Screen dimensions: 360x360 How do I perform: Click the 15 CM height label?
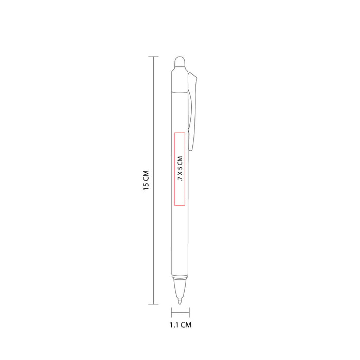click(x=146, y=180)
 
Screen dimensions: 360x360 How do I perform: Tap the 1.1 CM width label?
click(x=181, y=325)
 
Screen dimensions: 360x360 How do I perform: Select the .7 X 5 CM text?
click(x=180, y=169)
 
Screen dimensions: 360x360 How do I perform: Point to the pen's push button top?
click(x=180, y=62)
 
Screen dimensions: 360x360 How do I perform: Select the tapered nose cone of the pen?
click(x=180, y=288)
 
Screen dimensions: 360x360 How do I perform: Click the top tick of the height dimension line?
click(x=153, y=57)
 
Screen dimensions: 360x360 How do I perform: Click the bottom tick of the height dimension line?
click(x=153, y=304)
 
